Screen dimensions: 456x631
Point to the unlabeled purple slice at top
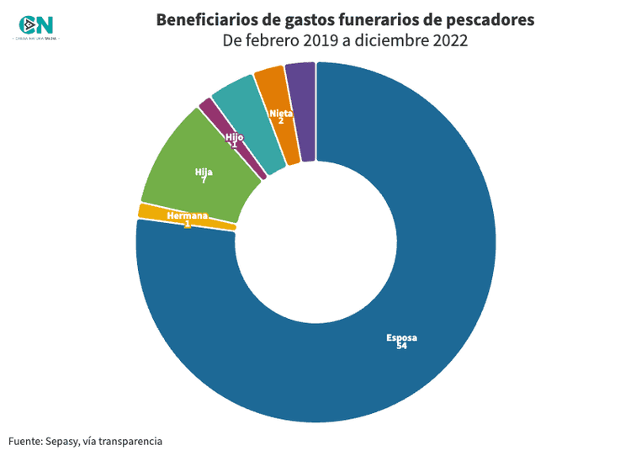(301, 109)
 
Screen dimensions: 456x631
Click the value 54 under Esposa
(401, 347)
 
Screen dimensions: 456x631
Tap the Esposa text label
(401, 338)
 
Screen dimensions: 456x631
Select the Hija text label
(204, 172)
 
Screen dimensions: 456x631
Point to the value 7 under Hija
(204, 180)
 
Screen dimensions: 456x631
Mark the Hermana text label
(187, 216)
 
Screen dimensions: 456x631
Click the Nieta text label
(280, 113)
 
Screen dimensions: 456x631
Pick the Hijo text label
(234, 136)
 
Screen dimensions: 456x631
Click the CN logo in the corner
(36, 28)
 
